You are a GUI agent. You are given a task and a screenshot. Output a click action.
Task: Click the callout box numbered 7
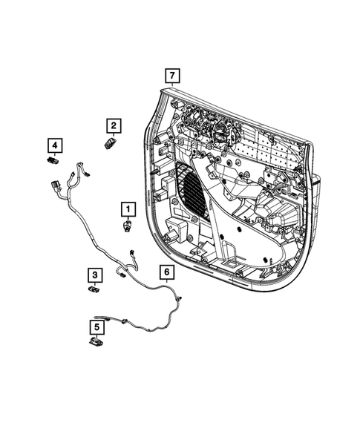171,76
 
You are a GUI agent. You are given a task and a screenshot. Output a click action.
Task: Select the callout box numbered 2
113,125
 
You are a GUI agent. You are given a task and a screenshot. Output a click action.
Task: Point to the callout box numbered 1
128,208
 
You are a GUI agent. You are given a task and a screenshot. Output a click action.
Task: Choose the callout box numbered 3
95,275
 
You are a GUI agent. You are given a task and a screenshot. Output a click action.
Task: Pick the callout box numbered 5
96,326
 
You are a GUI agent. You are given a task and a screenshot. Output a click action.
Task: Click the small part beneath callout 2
110,143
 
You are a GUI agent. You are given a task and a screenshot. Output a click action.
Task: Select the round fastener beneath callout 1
128,225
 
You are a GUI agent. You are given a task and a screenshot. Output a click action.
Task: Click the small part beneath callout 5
96,342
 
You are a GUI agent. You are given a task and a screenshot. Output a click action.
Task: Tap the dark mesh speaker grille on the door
189,189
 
